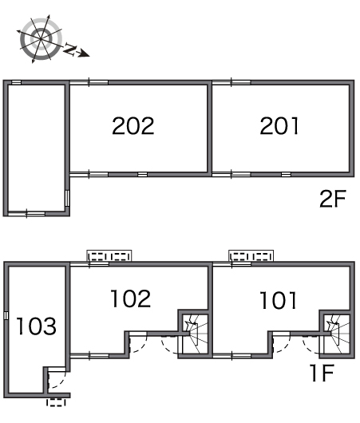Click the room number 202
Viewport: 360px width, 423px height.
133,126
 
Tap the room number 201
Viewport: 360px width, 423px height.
279,126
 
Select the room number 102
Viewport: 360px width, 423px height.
131,298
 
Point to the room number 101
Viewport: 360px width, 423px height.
279,300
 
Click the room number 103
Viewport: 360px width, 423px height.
37,326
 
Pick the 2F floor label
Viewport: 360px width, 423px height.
333,199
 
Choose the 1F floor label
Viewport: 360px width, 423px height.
322,373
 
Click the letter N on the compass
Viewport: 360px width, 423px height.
70,49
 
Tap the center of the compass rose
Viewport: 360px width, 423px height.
41,39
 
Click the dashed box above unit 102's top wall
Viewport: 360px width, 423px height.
109,255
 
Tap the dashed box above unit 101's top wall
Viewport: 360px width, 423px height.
251,255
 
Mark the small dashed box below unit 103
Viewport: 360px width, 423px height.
56,402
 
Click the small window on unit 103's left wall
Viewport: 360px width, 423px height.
6,315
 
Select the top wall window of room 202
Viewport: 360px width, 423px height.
89,82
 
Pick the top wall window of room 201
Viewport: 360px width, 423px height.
231,82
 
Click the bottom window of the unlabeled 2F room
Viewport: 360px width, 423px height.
26,214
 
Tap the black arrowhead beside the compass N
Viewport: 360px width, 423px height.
84,53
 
